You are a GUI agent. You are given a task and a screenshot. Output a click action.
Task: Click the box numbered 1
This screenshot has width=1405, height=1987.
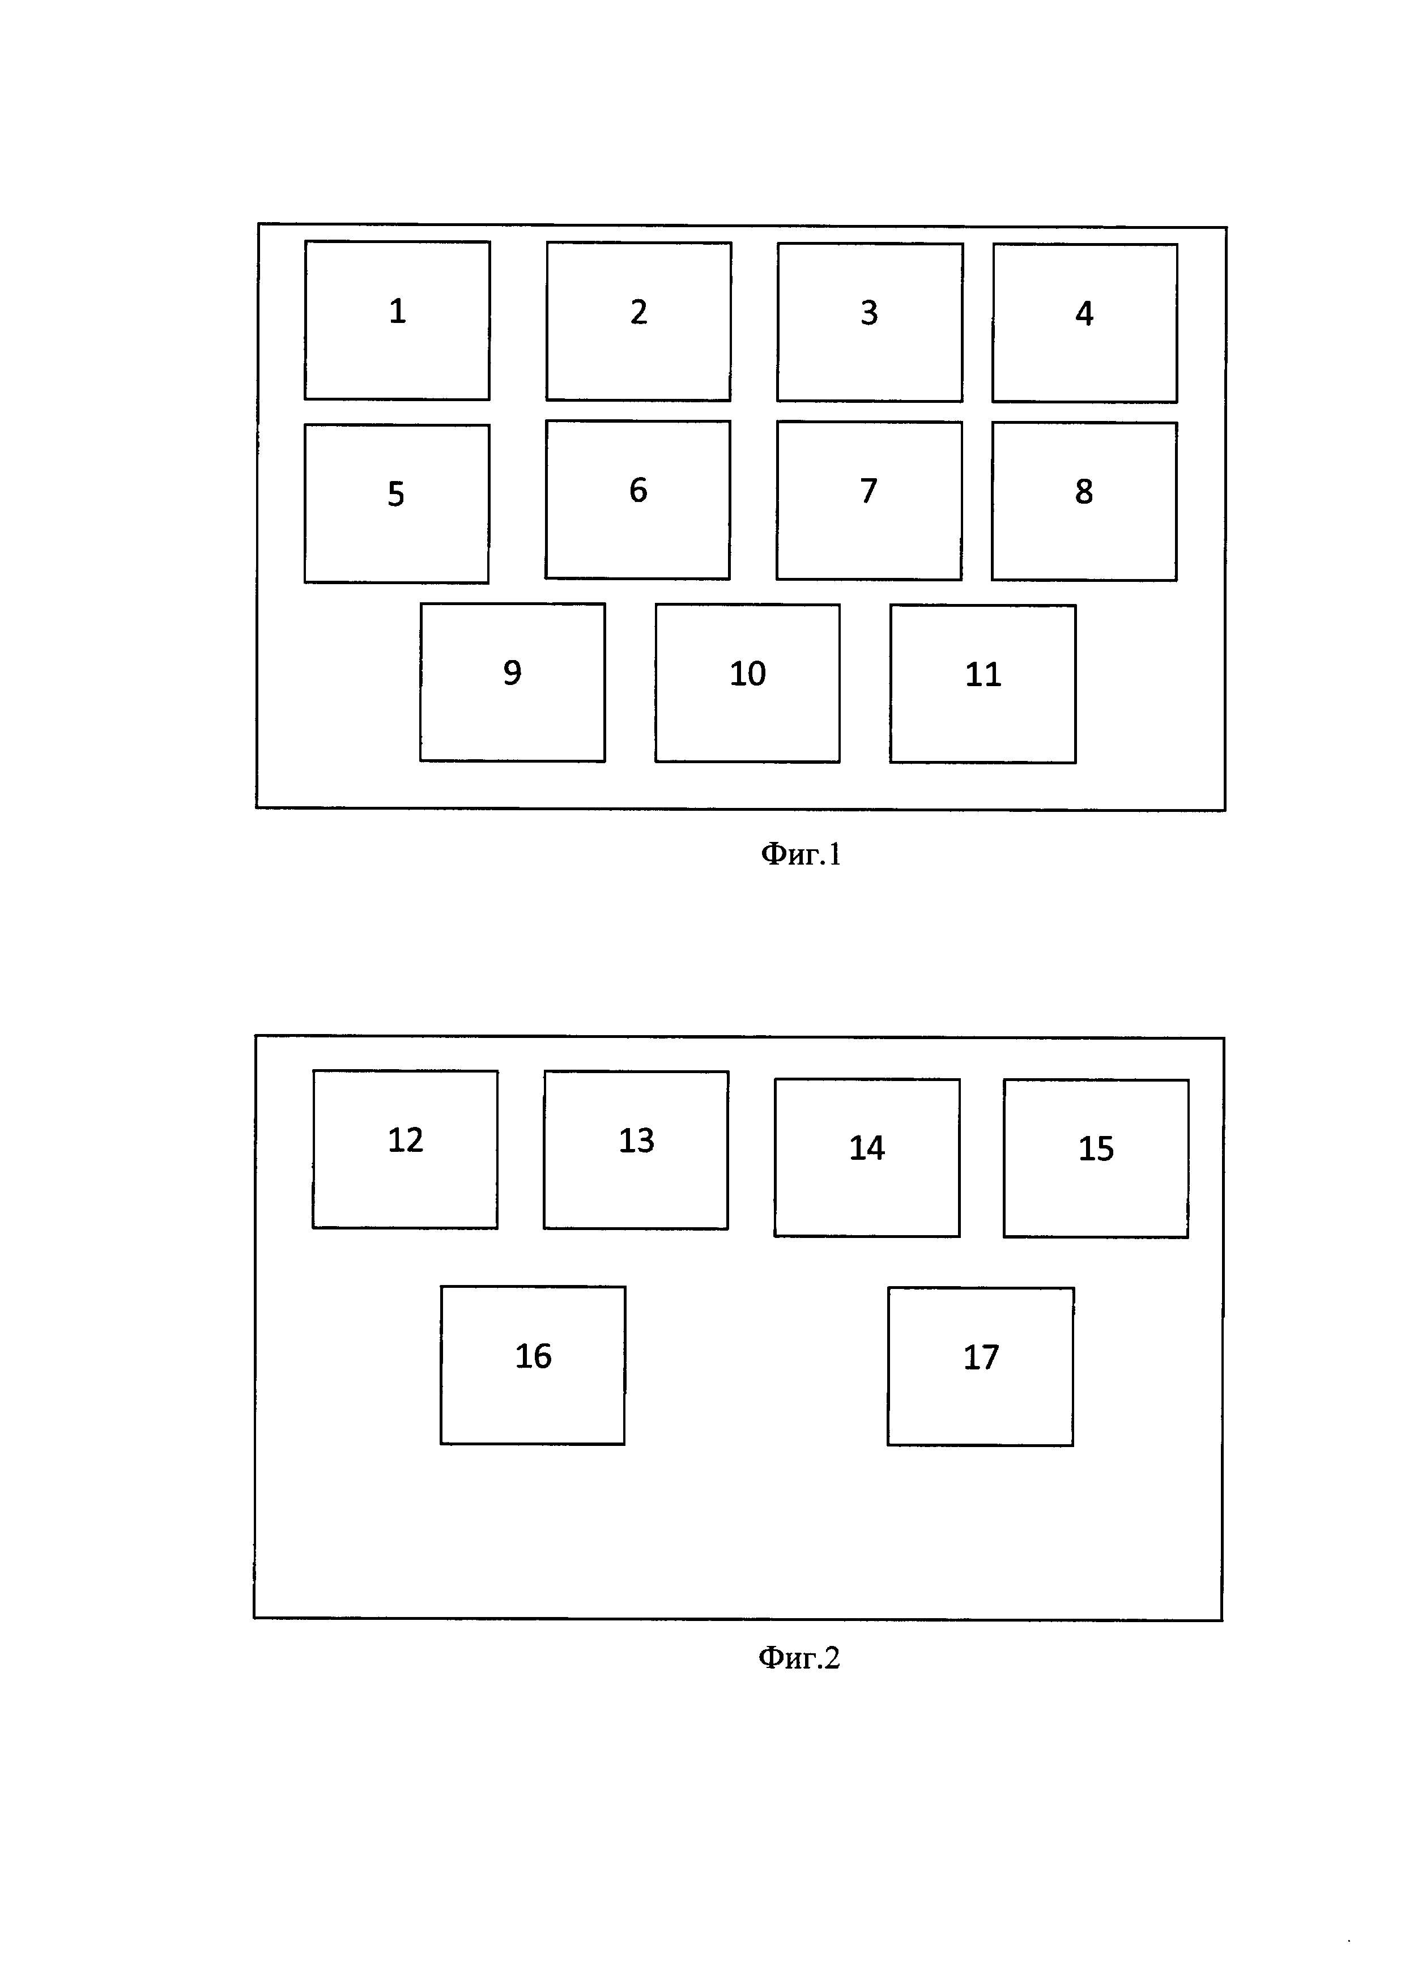tap(397, 320)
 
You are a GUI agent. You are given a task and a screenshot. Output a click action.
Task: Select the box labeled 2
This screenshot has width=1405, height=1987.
tap(638, 321)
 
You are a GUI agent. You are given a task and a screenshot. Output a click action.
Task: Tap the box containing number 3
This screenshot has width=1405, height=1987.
tap(870, 322)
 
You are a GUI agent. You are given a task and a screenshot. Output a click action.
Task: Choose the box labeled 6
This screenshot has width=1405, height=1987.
tap(637, 499)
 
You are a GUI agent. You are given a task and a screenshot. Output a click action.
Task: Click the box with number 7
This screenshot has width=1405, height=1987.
tap(868, 500)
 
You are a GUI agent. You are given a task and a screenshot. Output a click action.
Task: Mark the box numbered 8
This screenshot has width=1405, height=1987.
tap(1084, 501)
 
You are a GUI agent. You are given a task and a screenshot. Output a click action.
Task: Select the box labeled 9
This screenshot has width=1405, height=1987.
tap(512, 682)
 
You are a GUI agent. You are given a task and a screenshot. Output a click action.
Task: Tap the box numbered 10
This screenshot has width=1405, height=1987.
tap(747, 683)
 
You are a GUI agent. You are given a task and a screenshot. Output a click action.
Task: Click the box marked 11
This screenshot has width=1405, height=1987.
tap(983, 684)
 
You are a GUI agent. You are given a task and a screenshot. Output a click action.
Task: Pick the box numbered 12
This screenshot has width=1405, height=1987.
tap(405, 1149)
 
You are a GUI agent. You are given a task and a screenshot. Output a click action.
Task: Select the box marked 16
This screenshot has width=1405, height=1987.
tap(533, 1365)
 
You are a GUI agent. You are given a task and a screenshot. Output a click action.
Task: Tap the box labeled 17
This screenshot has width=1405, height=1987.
tap(980, 1365)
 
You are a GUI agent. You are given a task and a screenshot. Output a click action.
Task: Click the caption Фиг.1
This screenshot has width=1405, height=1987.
tap(801, 855)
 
